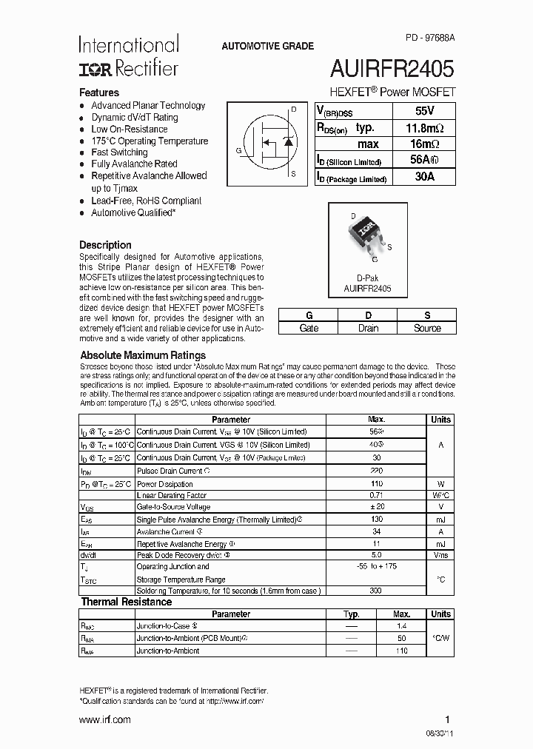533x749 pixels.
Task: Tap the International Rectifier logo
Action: click(129, 56)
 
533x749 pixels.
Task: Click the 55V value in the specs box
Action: click(425, 111)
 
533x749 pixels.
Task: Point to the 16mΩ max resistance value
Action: click(425, 144)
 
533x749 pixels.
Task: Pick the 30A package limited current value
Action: click(425, 178)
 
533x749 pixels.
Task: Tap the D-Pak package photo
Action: click(367, 238)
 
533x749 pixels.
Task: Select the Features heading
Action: click(99, 93)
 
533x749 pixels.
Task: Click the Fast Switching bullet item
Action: click(119, 152)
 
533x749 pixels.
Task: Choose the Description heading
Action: click(105, 245)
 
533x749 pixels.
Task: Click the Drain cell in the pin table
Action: click(368, 328)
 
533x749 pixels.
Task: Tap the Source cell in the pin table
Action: click(427, 328)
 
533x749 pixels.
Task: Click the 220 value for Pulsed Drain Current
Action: click(376, 471)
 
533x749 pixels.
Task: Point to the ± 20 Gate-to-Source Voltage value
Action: click(376, 507)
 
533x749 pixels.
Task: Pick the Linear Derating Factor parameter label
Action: click(172, 495)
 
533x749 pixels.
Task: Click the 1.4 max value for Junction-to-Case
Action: click(402, 626)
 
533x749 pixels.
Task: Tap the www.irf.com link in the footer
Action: click(105, 719)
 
